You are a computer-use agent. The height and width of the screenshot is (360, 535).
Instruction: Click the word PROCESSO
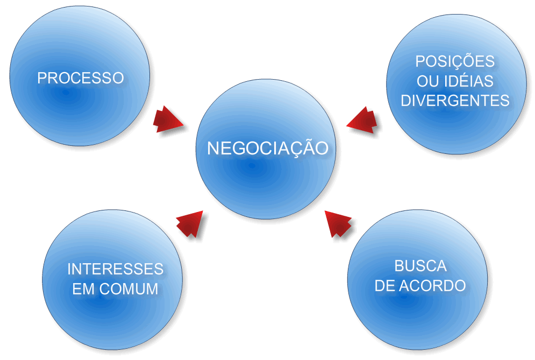(80, 78)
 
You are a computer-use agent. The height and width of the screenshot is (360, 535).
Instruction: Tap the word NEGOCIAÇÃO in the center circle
(267, 149)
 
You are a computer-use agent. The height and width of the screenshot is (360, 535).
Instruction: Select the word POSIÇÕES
(455, 61)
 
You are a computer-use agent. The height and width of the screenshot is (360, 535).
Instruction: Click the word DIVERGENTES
(455, 101)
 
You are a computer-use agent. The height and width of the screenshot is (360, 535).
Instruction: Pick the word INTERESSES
(115, 269)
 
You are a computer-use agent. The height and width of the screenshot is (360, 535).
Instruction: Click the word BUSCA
(420, 266)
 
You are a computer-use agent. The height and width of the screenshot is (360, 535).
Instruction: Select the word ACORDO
(432, 285)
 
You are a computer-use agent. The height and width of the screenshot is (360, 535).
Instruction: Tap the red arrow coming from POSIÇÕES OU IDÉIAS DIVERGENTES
(363, 119)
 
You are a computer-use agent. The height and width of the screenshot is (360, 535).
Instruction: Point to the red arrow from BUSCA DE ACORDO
(338, 223)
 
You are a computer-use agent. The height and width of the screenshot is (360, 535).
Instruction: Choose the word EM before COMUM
(83, 288)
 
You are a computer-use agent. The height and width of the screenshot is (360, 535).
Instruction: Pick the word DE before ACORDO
(385, 285)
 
